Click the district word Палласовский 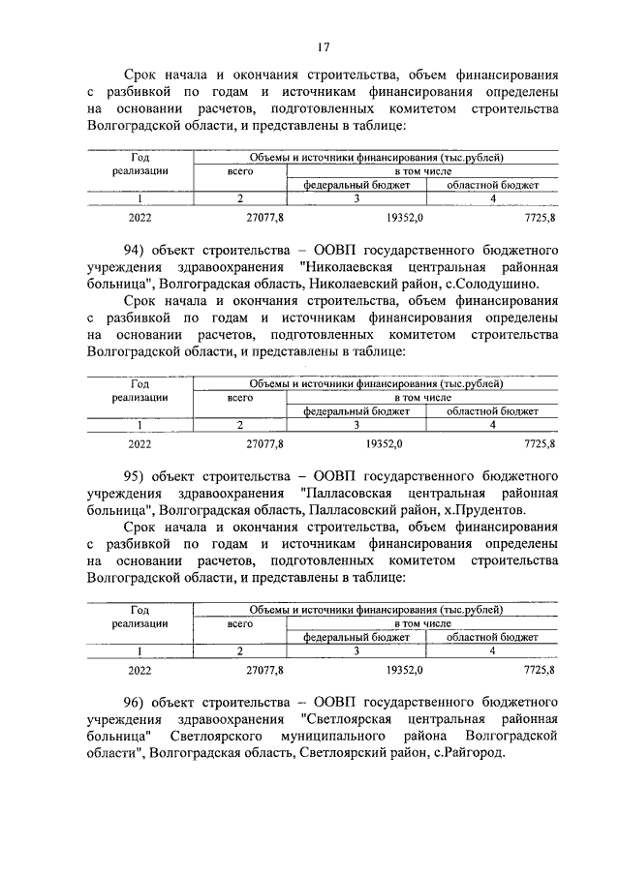[350, 509]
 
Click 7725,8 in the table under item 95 [539, 668]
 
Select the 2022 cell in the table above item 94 [139, 217]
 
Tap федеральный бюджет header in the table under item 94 [356, 410]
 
